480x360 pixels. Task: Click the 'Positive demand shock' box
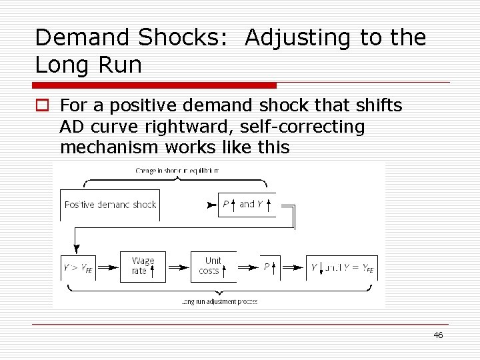[x=110, y=204]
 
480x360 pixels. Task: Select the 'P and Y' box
[x=247, y=204]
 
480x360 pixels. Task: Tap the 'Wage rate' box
[x=143, y=267]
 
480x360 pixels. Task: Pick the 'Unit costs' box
[x=213, y=267]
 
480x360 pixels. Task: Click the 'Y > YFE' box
[x=78, y=267]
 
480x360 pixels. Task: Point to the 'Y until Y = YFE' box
[x=342, y=267]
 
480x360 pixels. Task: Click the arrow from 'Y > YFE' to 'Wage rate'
[x=108, y=267]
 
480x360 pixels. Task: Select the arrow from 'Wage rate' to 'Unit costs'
[x=178, y=267]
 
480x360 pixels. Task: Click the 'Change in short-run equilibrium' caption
[x=177, y=171]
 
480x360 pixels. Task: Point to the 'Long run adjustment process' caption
[x=219, y=302]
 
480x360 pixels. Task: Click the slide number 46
[x=438, y=335]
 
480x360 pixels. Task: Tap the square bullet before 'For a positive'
[x=41, y=105]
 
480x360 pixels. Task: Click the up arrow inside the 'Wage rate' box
[x=152, y=271]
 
